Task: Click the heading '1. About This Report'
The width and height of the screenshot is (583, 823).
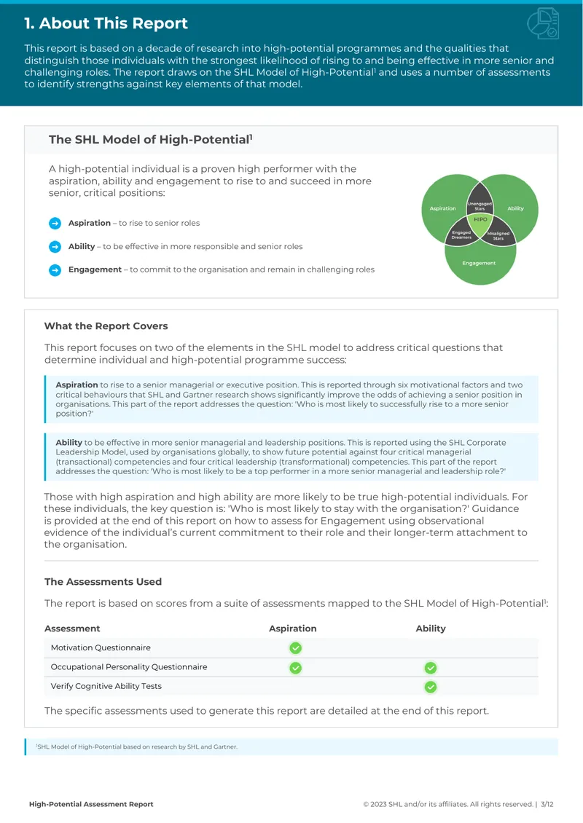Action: (106, 23)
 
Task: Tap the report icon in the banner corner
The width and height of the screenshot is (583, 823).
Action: (543, 23)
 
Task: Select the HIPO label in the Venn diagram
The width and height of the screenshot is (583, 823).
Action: (480, 219)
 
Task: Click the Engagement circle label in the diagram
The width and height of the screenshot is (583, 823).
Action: (479, 263)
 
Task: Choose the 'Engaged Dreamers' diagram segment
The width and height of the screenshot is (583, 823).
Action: (461, 235)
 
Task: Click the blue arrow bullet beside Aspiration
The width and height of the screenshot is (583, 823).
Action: (55, 223)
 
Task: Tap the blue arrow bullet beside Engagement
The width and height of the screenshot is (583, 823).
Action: (55, 269)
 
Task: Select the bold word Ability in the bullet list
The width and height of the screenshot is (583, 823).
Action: (82, 246)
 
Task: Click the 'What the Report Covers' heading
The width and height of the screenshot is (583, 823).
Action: (106, 326)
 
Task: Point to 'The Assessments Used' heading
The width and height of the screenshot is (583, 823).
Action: (103, 581)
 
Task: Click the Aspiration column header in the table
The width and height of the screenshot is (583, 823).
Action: (292, 629)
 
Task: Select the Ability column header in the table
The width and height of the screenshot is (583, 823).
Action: (431, 629)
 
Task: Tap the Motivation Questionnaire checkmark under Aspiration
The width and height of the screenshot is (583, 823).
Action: (296, 648)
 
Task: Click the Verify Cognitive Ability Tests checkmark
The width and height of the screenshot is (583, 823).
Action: (431, 687)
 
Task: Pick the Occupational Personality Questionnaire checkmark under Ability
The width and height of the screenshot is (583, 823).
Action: (431, 668)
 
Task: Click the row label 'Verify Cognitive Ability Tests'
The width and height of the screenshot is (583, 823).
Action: (106, 686)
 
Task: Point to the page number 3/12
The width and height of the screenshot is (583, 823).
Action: (547, 804)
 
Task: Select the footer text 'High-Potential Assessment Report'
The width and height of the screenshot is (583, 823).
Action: (91, 804)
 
